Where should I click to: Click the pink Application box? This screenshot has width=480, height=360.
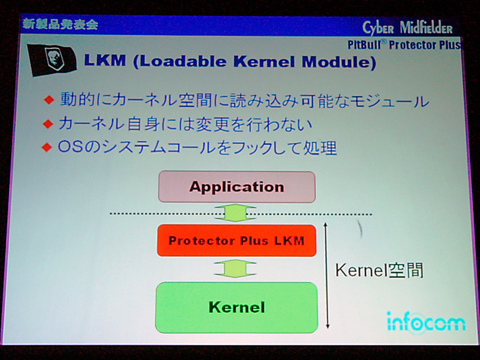click(236, 187)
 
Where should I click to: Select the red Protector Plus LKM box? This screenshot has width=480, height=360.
click(236, 241)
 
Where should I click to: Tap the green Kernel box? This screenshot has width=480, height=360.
click(236, 307)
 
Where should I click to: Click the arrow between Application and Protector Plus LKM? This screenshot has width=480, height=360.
click(235, 213)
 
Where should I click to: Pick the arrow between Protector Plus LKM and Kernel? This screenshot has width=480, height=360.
click(235, 269)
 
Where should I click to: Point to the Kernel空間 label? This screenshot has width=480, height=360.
click(379, 271)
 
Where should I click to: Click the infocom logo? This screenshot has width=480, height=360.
click(426, 323)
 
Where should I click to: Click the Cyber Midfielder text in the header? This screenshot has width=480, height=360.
click(407, 28)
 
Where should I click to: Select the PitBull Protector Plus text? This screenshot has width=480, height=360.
click(404, 45)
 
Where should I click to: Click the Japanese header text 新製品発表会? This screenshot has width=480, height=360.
click(60, 24)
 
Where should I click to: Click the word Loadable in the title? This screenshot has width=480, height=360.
click(183, 61)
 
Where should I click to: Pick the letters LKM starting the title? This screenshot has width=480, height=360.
click(105, 61)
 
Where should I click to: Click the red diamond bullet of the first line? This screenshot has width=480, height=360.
click(49, 100)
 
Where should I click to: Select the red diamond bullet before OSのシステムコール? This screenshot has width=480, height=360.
click(47, 147)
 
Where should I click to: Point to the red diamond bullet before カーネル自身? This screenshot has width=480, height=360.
click(48, 124)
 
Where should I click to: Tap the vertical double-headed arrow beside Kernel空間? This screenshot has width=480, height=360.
click(327, 275)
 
